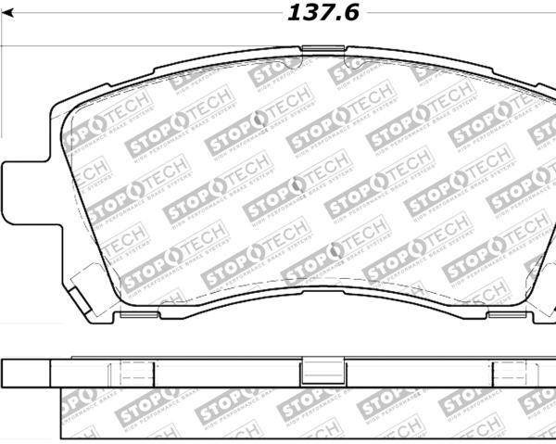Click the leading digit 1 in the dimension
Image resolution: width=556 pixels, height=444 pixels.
(x=295, y=13)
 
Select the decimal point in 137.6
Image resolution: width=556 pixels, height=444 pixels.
(x=336, y=19)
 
